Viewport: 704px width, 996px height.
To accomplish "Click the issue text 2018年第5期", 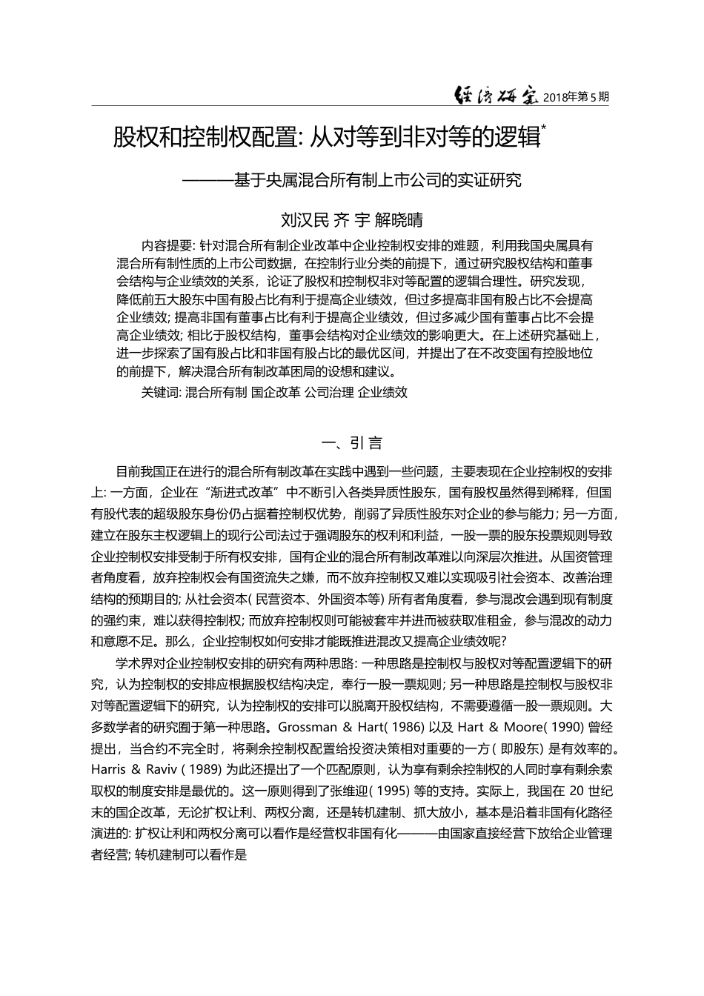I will pos(577,97).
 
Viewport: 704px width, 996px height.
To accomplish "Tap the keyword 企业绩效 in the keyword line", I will pos(382,393).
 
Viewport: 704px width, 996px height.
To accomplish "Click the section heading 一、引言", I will pos(352,443).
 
